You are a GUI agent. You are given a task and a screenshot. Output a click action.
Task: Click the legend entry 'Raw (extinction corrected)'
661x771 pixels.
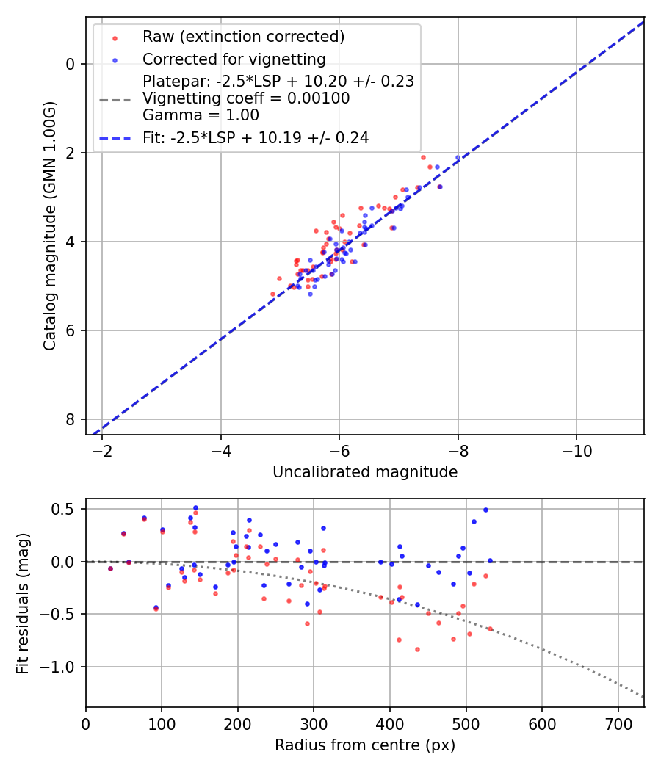243,37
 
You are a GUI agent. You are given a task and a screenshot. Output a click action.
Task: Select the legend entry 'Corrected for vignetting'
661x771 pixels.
234,59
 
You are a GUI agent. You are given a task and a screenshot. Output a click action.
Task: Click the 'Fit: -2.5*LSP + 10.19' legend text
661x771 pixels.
256,137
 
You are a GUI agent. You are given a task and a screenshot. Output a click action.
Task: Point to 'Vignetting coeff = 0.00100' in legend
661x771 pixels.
246,98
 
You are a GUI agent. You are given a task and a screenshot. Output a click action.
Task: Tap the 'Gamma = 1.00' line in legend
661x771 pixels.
201,115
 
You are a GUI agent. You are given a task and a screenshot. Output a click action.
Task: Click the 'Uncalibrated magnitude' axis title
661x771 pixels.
365,472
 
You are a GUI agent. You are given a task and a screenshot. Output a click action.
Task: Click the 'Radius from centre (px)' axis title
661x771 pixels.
365,745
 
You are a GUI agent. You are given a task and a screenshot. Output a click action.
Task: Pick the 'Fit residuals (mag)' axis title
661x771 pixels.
23,603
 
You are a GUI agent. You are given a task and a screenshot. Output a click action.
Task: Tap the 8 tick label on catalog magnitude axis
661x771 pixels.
71,419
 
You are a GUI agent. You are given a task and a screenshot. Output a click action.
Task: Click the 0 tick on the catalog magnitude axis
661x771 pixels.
71,64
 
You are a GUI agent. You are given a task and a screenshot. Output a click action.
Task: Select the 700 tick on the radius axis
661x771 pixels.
618,723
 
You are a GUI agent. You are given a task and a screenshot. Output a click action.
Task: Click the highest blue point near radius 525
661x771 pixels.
485,510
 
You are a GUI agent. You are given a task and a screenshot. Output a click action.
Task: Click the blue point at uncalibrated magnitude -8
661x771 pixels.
458,158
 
